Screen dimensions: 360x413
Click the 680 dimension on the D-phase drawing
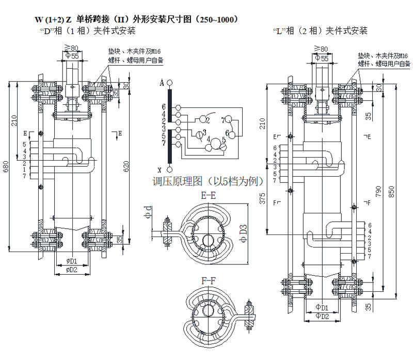tap(6, 168)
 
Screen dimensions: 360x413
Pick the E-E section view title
tap(208, 195)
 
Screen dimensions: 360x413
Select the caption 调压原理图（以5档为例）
tap(209, 182)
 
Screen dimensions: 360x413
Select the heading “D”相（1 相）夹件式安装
tap(88, 32)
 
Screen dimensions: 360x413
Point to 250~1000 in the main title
tap(215, 20)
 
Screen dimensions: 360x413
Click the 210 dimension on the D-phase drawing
tap(15, 120)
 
